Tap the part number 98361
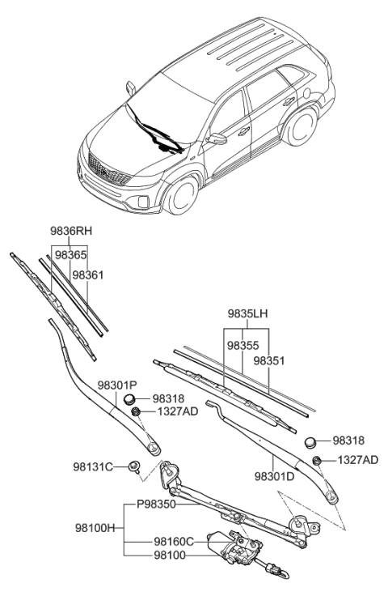coord(88,275)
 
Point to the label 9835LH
coord(247,312)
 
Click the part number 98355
coord(242,345)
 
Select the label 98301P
coord(118,386)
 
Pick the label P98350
coord(155,503)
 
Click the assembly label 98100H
coord(100,527)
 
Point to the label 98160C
coord(174,540)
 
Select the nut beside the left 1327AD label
coord(137,412)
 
